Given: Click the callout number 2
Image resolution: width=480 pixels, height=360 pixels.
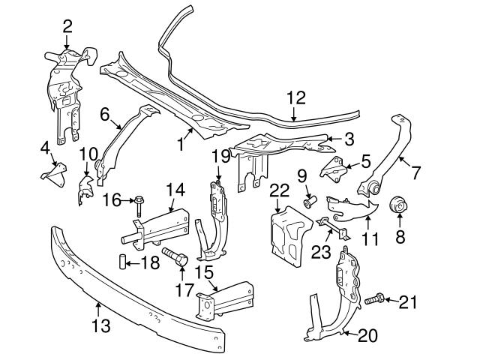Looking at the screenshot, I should tap(67, 26).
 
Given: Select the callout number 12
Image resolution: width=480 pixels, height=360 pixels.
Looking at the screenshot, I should tap(296, 97).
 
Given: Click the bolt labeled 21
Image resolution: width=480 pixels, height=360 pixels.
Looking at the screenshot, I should tap(376, 301).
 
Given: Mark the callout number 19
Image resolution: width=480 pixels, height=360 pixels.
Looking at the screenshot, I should tap(219, 157).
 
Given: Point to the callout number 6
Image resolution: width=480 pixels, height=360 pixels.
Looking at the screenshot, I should tap(104, 114).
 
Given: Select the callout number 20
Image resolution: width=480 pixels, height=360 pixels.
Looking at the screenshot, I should tap(367, 335).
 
